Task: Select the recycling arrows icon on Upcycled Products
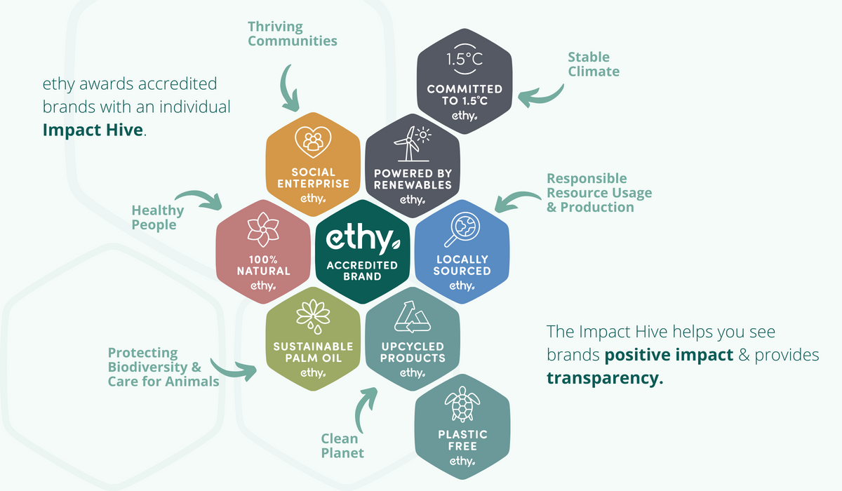click(x=413, y=318)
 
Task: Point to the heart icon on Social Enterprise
click(x=310, y=142)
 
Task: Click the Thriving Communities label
click(x=292, y=34)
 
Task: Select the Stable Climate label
click(x=594, y=64)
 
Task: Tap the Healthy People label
click(x=157, y=217)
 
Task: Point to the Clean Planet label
click(x=342, y=445)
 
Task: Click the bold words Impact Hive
click(x=94, y=130)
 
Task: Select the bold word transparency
click(x=604, y=378)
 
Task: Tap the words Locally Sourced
click(x=461, y=265)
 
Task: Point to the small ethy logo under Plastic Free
click(x=462, y=461)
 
